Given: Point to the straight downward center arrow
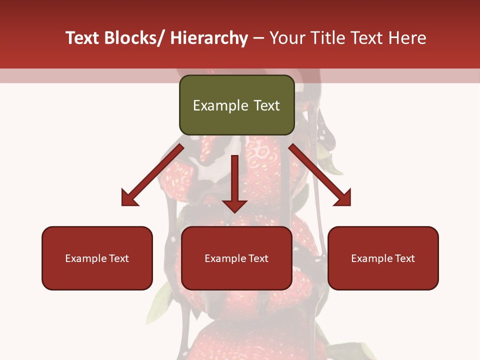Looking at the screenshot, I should coord(234,182).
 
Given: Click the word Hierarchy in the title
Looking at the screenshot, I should coord(209,38).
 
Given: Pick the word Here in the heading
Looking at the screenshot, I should coord(408,38).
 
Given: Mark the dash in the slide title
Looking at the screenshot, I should coord(258,38).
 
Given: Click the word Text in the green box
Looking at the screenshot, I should coord(266,105).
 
